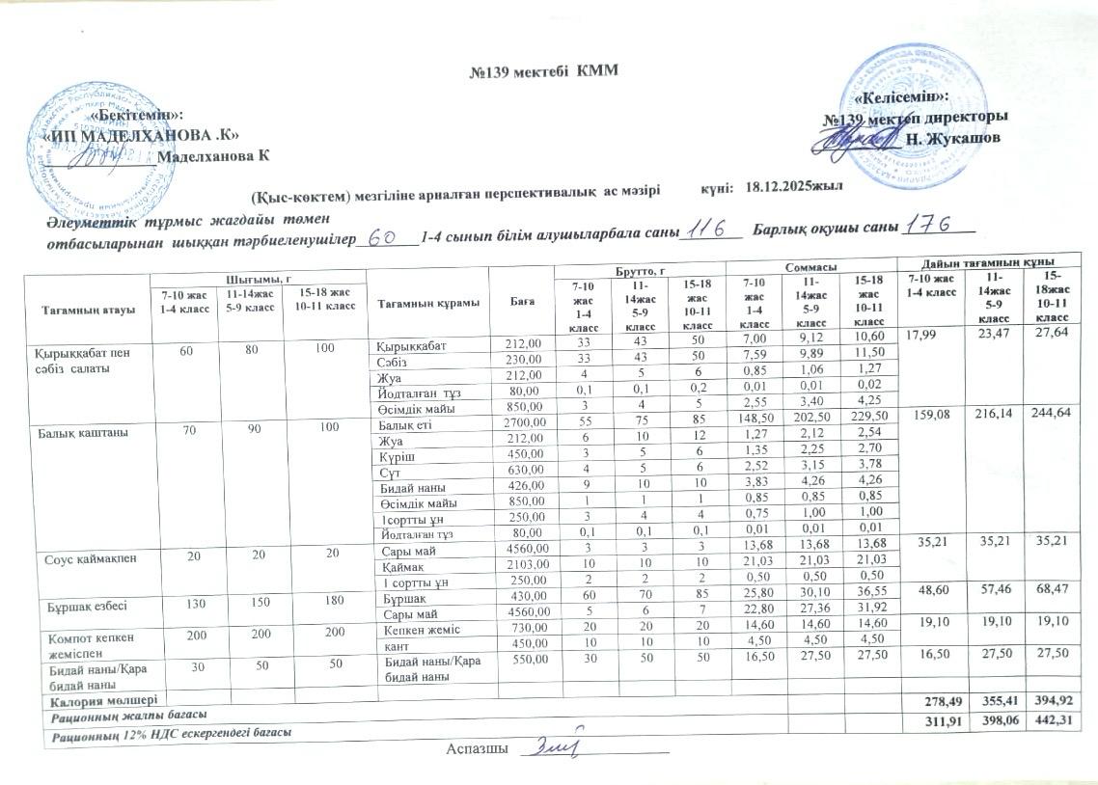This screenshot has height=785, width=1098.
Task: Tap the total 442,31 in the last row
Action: pos(1050,722)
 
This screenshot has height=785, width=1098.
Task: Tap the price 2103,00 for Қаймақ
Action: pos(522,564)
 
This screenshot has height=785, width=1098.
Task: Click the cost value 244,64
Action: pos(1050,414)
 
